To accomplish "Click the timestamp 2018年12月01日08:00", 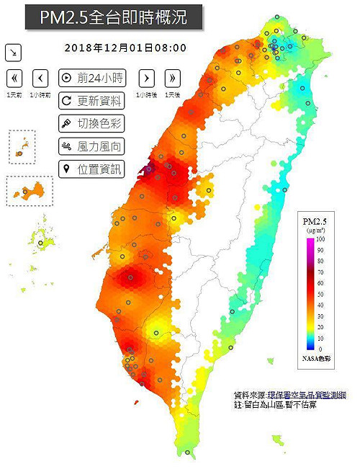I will pos(125,48).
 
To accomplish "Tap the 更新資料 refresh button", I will pos(91,101).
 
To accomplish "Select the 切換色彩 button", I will pos(91,123).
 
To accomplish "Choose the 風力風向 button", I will pos(91,146).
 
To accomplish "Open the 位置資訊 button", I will pos(91,169).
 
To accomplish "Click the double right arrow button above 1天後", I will pos(172,78).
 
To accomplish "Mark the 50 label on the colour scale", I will pos(320,294).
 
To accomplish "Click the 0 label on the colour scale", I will pos(319,349).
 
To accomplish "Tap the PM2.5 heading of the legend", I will pos(315,220).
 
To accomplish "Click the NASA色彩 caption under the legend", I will pos(315,358).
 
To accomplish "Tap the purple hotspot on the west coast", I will pos(150,169).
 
